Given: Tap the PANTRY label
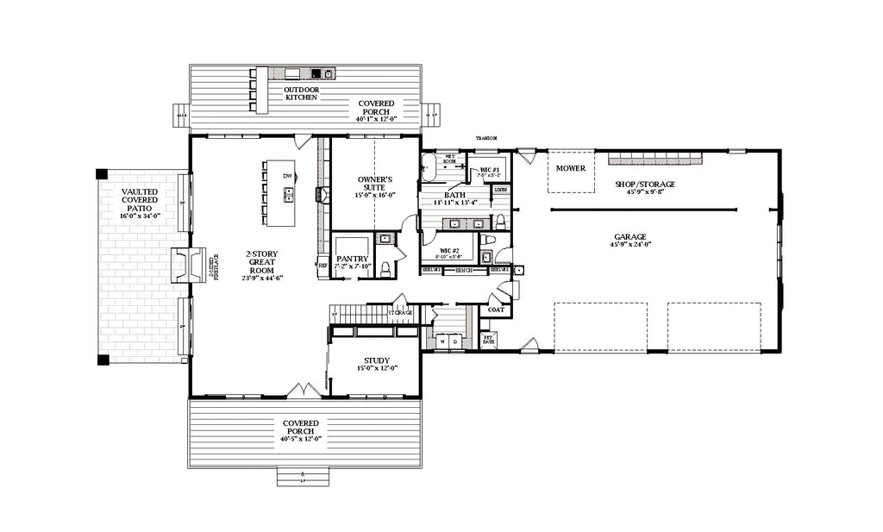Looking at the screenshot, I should (x=353, y=259).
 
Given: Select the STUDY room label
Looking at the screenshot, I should (x=376, y=361).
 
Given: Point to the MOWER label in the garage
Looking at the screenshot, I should (x=570, y=168).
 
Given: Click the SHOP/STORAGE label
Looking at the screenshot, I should (x=644, y=184).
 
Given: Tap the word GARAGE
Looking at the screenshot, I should (x=629, y=236).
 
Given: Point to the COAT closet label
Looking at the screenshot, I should (x=496, y=310).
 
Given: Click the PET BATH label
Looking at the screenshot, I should (x=487, y=341).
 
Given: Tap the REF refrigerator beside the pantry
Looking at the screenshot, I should (x=323, y=266).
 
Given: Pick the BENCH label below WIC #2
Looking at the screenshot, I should (x=463, y=271).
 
